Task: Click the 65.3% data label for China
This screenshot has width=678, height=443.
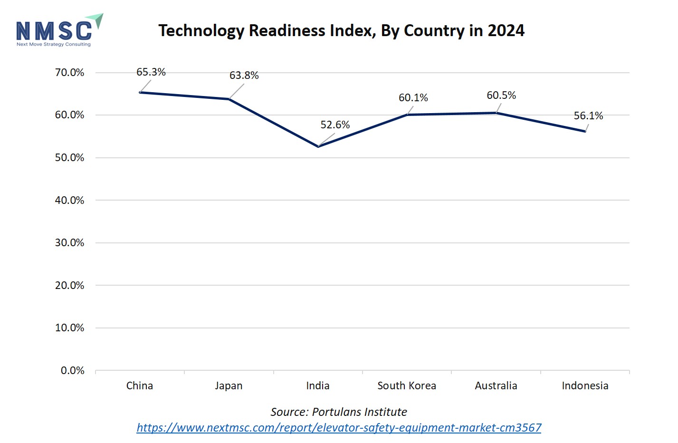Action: pyautogui.click(x=151, y=72)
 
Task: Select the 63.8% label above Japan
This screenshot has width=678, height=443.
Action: pyautogui.click(x=244, y=76)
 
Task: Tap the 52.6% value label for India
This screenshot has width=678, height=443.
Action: pyautogui.click(x=335, y=125)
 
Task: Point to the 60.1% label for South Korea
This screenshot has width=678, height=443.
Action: pyautogui.click(x=413, y=98)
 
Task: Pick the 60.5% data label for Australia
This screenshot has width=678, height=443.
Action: pyautogui.click(x=501, y=96)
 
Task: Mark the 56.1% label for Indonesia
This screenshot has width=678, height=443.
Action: pyautogui.click(x=588, y=116)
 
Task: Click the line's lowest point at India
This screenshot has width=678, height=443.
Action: pyautogui.click(x=318, y=146)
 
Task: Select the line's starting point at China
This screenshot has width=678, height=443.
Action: pyautogui.click(x=140, y=92)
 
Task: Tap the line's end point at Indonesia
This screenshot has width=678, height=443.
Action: pyautogui.click(x=585, y=131)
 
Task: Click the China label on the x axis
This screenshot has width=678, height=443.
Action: pyautogui.click(x=140, y=386)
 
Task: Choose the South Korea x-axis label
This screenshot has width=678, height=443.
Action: pyautogui.click(x=407, y=386)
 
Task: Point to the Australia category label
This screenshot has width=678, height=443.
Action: pyautogui.click(x=496, y=386)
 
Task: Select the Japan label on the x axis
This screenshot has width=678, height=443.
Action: pyautogui.click(x=229, y=386)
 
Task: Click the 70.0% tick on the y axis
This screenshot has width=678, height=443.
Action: pyautogui.click(x=69, y=73)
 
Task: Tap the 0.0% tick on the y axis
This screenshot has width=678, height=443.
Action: pyautogui.click(x=72, y=371)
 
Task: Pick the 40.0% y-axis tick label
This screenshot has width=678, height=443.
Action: pyautogui.click(x=69, y=201)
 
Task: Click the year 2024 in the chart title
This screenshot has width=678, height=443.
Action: pyautogui.click(x=506, y=31)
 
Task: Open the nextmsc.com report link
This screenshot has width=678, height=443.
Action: pyautogui.click(x=339, y=428)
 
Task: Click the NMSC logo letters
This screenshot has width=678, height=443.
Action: pyautogui.click(x=54, y=31)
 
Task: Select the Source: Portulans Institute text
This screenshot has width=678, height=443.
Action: pyautogui.click(x=339, y=412)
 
